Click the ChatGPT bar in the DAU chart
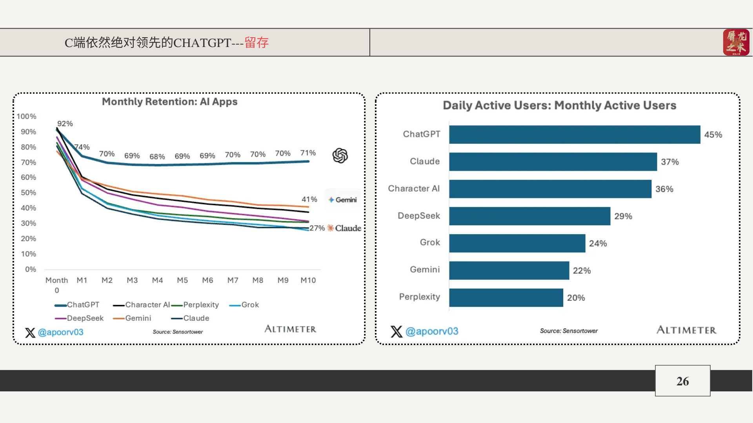575,134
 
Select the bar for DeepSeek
529,216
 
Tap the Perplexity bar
506,298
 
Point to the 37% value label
669,162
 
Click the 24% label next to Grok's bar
598,243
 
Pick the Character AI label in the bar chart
414,188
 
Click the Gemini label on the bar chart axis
425,269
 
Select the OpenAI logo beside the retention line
340,155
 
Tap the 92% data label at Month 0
65,123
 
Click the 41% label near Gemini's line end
309,199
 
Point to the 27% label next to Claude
317,228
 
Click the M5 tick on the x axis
182,280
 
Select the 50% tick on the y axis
28,193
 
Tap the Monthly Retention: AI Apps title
169,102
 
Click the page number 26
682,381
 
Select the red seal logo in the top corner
736,42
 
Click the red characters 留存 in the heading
256,42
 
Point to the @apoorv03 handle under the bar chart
431,331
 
